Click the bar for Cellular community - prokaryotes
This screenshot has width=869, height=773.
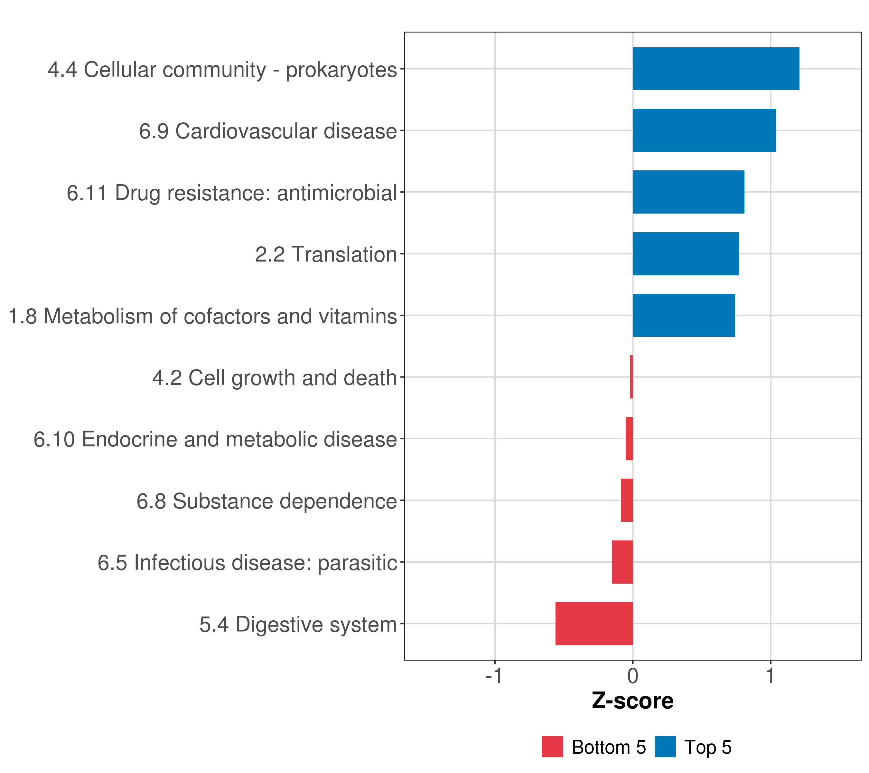pyautogui.click(x=715, y=69)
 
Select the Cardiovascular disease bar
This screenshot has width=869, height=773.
pyautogui.click(x=704, y=131)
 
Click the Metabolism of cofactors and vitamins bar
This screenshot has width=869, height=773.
pyautogui.click(x=683, y=315)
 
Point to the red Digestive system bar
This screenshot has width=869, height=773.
pyautogui.click(x=593, y=623)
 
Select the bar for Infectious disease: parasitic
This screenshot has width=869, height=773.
pyautogui.click(x=622, y=562)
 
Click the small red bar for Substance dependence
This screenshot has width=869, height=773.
pyautogui.click(x=627, y=500)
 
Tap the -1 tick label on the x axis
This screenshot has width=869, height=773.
pyautogui.click(x=494, y=676)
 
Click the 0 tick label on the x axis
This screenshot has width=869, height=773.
pyautogui.click(x=633, y=676)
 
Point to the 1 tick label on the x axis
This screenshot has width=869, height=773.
pyautogui.click(x=771, y=676)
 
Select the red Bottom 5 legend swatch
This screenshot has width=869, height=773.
pyautogui.click(x=552, y=747)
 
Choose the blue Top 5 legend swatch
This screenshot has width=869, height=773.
pyautogui.click(x=665, y=747)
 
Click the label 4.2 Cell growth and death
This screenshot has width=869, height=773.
pyautogui.click(x=274, y=378)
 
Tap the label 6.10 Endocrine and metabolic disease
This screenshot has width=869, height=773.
pyautogui.click(x=215, y=439)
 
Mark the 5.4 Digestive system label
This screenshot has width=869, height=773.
pyautogui.click(x=298, y=624)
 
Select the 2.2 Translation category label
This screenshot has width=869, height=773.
pyautogui.click(x=326, y=254)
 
